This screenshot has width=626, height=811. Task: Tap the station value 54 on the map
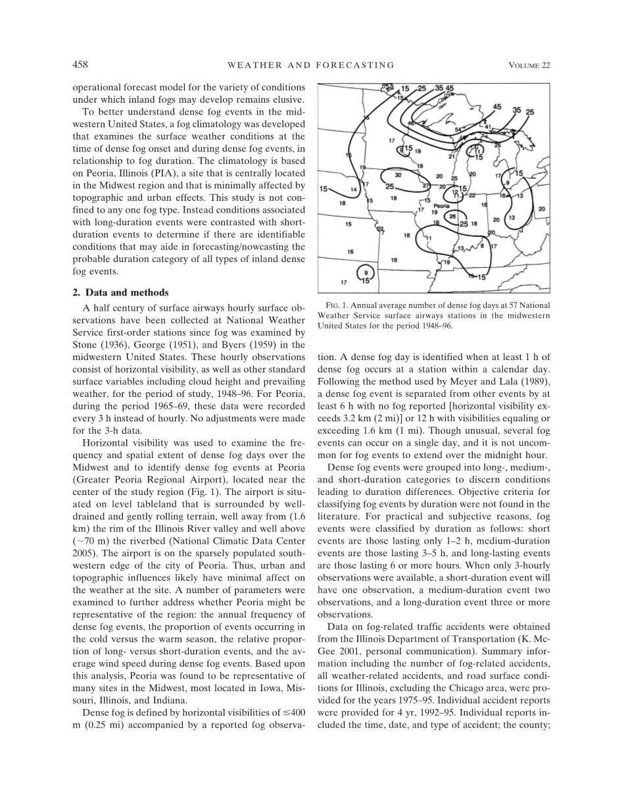pos(458,130)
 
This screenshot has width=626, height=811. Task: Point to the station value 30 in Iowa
pos(397,175)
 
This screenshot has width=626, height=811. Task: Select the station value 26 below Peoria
pos(452,216)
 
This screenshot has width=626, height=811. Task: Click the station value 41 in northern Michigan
pos(488,126)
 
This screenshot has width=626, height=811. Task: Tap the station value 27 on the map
pos(426,186)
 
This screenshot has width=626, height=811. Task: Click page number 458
pos(80,65)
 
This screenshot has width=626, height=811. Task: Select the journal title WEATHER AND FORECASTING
pos(310,65)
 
